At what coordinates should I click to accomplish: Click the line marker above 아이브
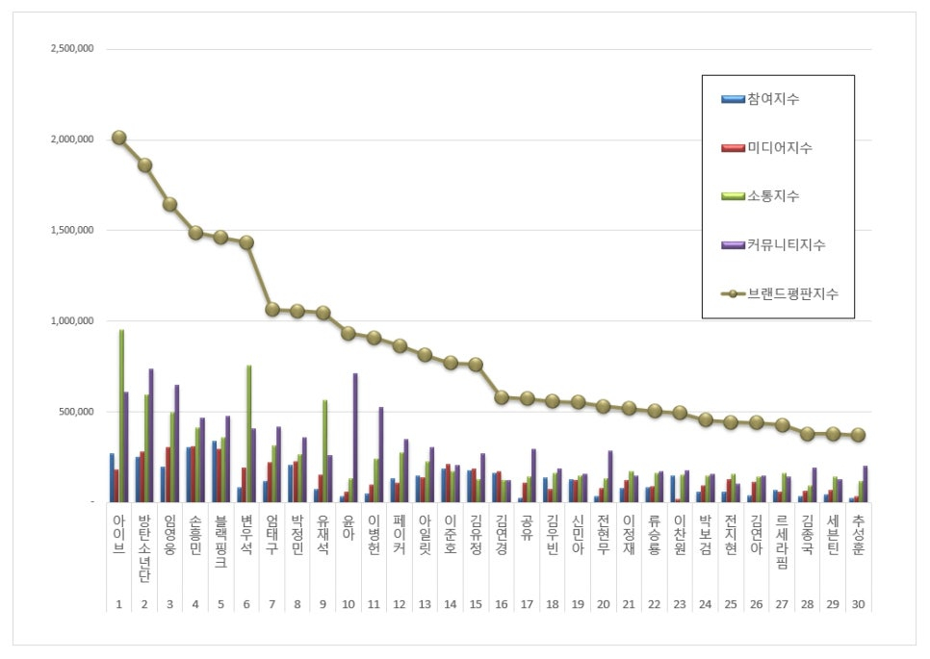pos(118,138)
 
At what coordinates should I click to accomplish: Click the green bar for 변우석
pos(248,433)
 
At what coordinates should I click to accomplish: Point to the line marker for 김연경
pos(501,397)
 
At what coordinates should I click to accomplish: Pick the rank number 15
pos(476,604)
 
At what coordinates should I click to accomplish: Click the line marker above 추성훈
pos(858,435)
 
